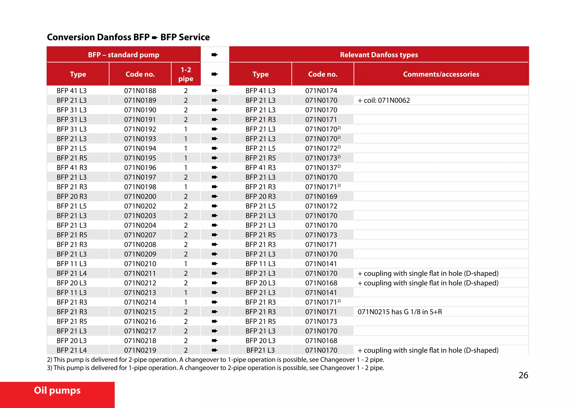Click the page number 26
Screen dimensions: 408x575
(x=523, y=375)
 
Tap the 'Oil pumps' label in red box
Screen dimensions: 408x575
(x=57, y=390)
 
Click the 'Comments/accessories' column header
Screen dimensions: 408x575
(x=441, y=74)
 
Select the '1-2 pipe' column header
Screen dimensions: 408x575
(x=186, y=74)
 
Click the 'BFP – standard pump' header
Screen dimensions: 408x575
(x=124, y=55)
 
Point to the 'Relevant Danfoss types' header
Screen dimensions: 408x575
(x=379, y=55)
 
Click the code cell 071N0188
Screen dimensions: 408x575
(x=140, y=91)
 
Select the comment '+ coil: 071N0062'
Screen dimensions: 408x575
(x=384, y=100)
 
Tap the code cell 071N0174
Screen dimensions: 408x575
(x=321, y=91)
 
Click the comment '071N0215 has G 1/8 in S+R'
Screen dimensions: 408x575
(x=400, y=312)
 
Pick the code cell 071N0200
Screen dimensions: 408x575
(x=140, y=197)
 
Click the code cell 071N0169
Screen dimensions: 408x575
(x=321, y=197)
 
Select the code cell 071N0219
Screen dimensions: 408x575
(x=140, y=350)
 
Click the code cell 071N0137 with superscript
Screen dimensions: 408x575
(x=322, y=168)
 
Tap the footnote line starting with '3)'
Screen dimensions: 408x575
(x=215, y=368)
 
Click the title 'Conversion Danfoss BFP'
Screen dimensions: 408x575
(x=98, y=37)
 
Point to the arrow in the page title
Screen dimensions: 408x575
(x=155, y=37)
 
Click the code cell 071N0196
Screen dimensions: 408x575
(x=140, y=168)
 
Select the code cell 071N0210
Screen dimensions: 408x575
(x=140, y=264)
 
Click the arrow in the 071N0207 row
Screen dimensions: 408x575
(x=215, y=235)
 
